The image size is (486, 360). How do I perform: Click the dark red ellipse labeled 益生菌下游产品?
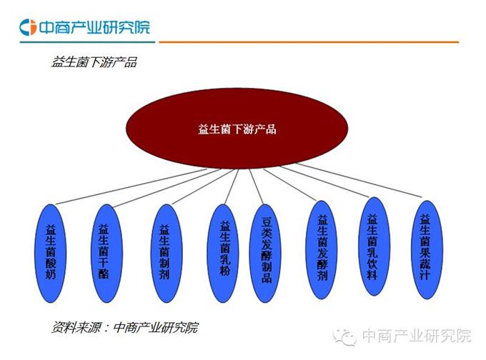[237, 129]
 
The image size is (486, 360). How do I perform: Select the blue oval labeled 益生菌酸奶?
[51, 253]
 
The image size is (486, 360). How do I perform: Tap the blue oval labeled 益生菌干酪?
[106, 253]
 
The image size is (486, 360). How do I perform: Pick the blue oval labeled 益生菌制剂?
[166, 253]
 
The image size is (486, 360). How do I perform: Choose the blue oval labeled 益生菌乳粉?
[223, 253]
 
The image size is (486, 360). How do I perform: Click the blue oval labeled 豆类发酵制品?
[265, 253]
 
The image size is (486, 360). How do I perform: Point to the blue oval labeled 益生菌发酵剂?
[322, 250]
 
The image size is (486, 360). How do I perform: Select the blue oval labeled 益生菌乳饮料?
[375, 246]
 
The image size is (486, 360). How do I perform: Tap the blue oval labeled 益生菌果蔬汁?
[427, 250]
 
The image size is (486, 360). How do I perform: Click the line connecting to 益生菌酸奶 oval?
[131, 186]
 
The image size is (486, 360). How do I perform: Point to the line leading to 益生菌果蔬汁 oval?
[359, 180]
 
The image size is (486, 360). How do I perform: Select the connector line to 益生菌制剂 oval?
[202, 187]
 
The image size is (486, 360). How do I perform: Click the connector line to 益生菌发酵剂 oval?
[289, 185]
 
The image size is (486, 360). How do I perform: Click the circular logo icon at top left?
[28, 27]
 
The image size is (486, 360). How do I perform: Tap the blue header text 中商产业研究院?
[94, 27]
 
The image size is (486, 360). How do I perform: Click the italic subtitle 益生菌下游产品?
[94, 62]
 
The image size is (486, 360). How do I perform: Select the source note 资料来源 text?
[124, 327]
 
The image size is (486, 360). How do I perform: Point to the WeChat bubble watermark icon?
[344, 336]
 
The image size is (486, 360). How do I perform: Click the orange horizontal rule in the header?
[309, 42]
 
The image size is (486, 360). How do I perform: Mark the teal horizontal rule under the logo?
[87, 42]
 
